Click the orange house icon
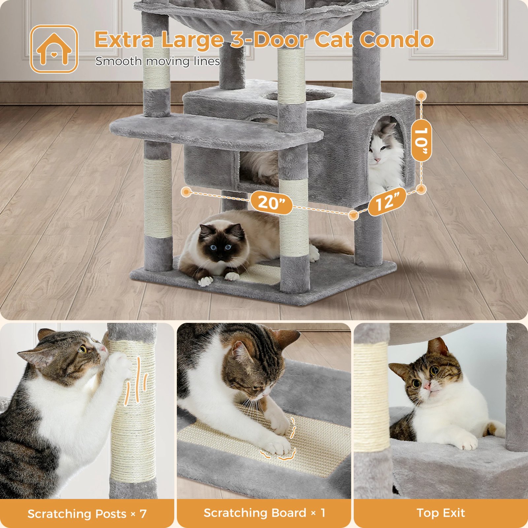[54, 49]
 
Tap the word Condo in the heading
[396, 40]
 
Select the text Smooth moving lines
[158, 61]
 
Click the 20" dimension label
[271, 202]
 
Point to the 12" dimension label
[387, 201]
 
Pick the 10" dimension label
[421, 141]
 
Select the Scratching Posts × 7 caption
[87, 514]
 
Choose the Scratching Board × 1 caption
[264, 513]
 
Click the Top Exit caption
[441, 513]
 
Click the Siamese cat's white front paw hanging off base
[205, 281]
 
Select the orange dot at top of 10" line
[421, 96]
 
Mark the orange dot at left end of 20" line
[186, 192]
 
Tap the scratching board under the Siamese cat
[261, 273]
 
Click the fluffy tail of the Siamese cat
[333, 246]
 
